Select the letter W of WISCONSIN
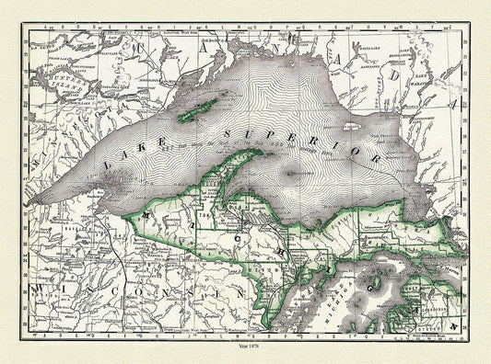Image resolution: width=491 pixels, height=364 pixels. click(x=38, y=290)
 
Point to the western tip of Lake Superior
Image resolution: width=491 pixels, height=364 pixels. click(x=37, y=205)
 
